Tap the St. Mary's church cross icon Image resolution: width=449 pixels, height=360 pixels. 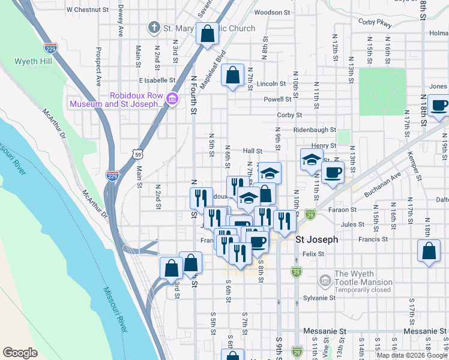coord(154,28)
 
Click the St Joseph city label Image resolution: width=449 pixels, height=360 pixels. coord(317,239)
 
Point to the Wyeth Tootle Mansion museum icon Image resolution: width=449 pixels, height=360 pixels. coord(325,280)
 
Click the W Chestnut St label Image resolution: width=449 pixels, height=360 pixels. coord(88,10)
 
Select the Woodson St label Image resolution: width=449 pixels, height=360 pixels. coord(272,12)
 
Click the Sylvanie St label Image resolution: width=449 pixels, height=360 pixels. coord(319,298)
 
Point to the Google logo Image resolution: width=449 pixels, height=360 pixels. coord(20,352)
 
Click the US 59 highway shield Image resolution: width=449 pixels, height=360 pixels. coord(139,154)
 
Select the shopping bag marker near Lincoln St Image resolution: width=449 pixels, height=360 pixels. coord(233,76)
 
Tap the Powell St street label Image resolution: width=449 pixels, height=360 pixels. coord(281,100)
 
